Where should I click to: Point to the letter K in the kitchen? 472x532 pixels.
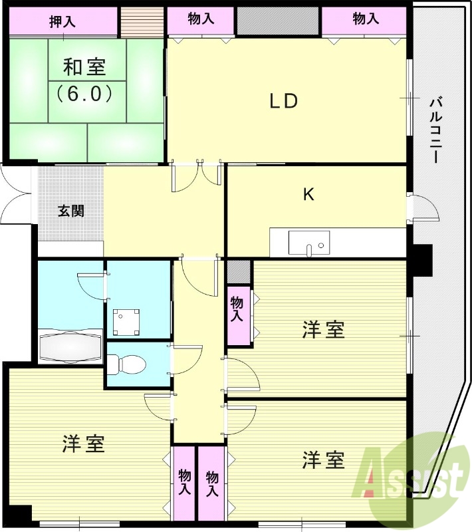click(x=308, y=194)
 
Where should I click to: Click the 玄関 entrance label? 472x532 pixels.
click(x=70, y=211)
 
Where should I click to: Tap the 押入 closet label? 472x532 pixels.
click(x=62, y=21)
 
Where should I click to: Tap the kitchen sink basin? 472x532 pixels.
click(x=308, y=243)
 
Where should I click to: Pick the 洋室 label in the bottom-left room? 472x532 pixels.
click(x=84, y=444)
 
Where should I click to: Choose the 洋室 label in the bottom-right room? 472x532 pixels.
click(x=324, y=459)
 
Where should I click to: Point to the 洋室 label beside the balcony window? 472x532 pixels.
click(x=324, y=330)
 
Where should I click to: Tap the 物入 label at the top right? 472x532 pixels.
click(x=366, y=19)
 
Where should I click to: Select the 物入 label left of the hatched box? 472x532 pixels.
click(x=201, y=19)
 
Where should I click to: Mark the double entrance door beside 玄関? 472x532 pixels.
click(x=16, y=197)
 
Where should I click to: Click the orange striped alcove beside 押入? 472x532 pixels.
click(x=142, y=21)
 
